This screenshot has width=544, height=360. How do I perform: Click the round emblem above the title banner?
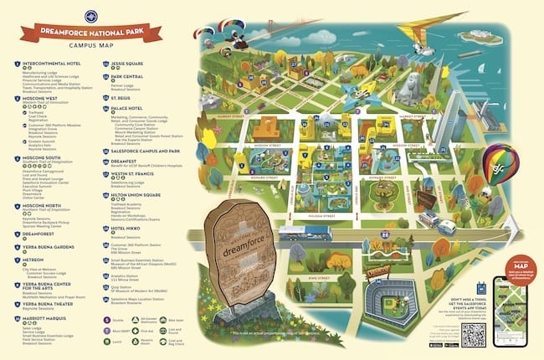click(90, 17)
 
